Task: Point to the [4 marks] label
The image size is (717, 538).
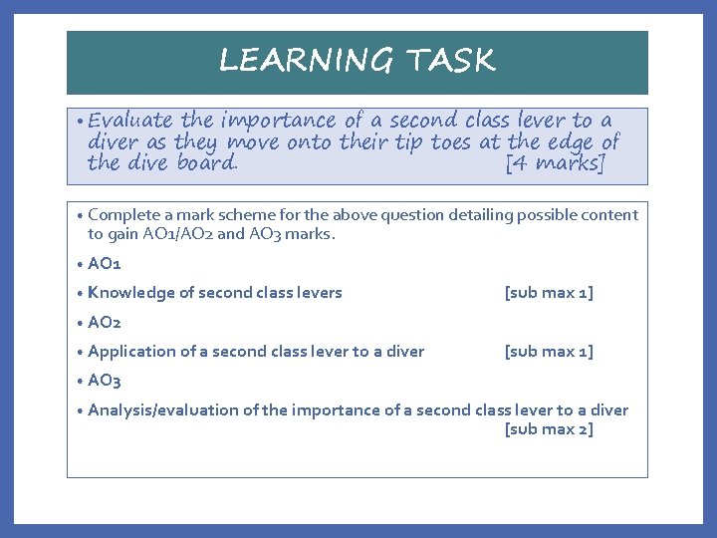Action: tap(556, 162)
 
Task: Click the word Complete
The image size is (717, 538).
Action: tap(122, 214)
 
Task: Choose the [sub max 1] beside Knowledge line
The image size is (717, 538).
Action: tap(549, 293)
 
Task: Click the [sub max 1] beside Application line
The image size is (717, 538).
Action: tap(549, 351)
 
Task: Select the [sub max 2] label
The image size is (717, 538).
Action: tap(549, 429)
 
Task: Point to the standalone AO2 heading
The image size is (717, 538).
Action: tap(105, 322)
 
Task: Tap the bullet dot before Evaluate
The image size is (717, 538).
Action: tap(79, 122)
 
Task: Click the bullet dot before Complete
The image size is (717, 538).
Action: tap(79, 215)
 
